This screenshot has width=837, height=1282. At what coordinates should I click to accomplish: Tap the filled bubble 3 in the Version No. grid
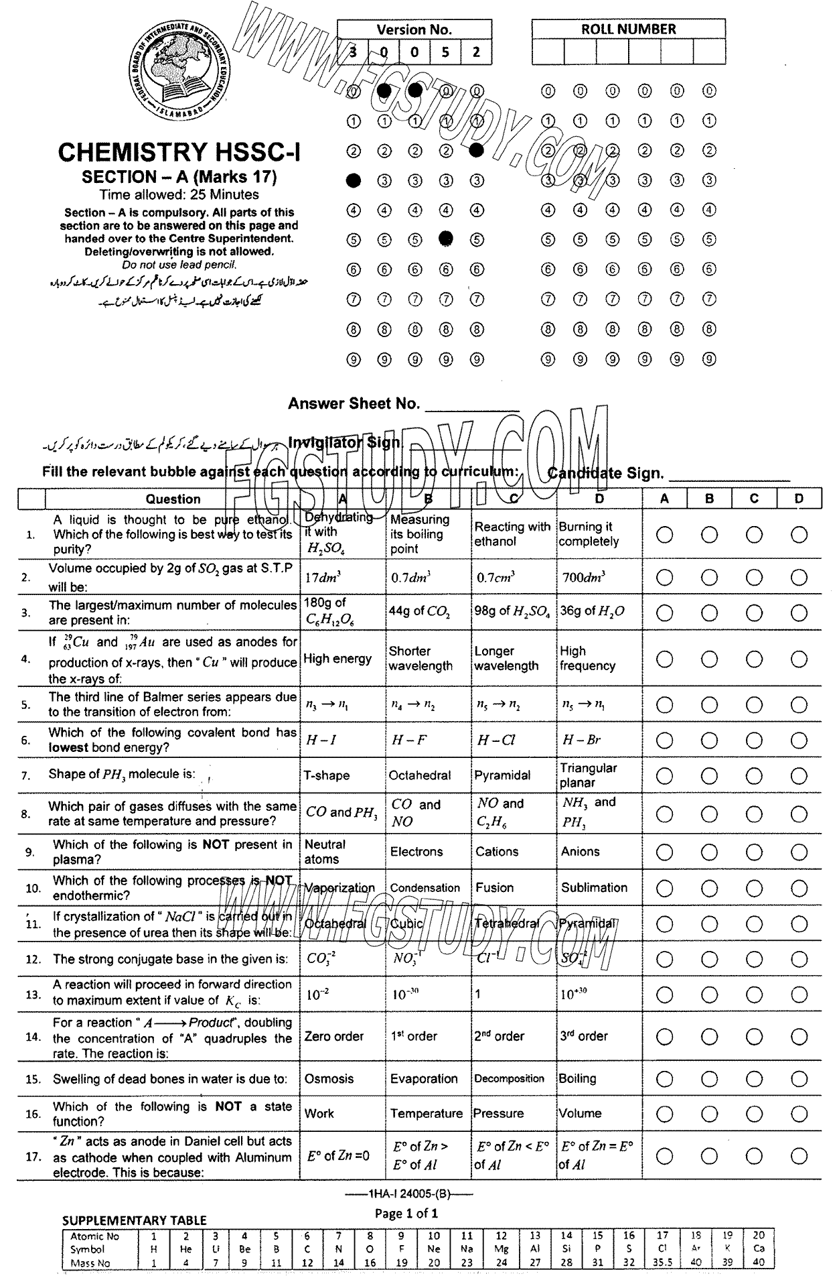tap(354, 180)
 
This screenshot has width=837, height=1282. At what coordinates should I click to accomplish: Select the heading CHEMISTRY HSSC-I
tap(179, 153)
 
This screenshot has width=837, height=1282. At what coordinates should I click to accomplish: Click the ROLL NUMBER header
tap(628, 29)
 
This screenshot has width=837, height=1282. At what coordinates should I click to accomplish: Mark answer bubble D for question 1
tap(798, 535)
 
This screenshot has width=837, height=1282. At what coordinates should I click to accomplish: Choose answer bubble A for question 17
tap(664, 1156)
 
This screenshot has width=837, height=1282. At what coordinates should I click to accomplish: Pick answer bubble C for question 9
tap(754, 852)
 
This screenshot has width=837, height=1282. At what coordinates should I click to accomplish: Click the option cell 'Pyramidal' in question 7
tap(502, 775)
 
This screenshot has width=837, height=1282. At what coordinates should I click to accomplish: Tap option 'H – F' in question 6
tap(408, 741)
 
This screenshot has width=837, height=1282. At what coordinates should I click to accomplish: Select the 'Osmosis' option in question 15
tap(329, 1079)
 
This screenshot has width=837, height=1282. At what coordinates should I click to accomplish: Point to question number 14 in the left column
tap(33, 1037)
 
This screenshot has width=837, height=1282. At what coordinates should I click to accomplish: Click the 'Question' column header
tap(173, 499)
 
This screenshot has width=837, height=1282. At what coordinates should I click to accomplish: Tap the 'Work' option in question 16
tap(319, 1113)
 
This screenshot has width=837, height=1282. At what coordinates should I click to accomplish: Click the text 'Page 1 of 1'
tap(406, 1213)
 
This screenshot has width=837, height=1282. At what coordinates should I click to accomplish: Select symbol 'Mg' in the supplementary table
tap(501, 1249)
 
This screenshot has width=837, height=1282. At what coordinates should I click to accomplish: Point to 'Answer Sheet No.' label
tap(354, 403)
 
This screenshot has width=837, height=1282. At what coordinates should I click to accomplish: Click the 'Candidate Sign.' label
tap(605, 473)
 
